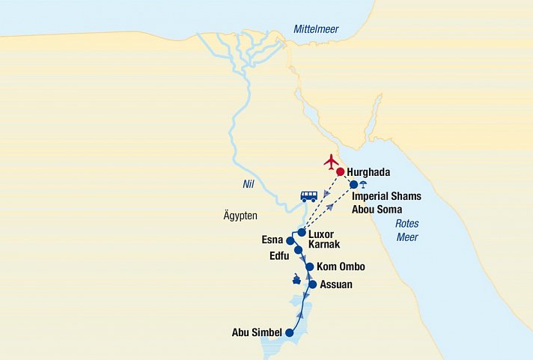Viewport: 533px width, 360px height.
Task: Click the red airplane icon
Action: click(331, 161)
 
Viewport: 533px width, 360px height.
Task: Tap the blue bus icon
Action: click(308, 196)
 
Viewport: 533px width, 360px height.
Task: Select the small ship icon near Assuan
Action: click(297, 281)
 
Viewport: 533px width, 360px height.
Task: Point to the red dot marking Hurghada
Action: click(340, 172)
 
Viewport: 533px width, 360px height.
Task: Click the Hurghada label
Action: click(369, 172)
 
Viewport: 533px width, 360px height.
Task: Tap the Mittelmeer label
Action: click(315, 29)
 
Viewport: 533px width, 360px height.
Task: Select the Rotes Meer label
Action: click(406, 231)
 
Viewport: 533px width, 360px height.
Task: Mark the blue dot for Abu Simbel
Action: click(290, 333)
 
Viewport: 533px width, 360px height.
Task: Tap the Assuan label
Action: click(335, 284)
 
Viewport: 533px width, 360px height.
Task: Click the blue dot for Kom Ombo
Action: click(309, 266)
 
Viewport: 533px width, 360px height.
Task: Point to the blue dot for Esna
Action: click(290, 241)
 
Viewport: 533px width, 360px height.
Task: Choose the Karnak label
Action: click(323, 244)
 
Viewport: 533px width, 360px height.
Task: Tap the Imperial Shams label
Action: click(386, 196)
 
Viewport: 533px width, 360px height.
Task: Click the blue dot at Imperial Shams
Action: click(354, 184)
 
